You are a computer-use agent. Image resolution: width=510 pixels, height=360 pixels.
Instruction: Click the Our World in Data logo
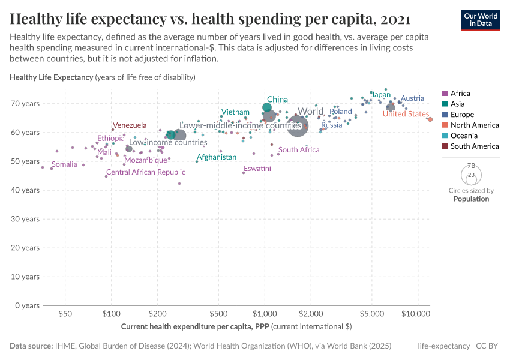481,20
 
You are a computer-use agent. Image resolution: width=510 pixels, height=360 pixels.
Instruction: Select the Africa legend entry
460,93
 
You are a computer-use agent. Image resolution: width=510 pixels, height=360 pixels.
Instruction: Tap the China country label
277,100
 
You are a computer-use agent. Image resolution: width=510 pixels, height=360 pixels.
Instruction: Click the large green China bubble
267,108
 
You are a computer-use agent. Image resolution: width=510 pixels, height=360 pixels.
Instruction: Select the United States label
406,114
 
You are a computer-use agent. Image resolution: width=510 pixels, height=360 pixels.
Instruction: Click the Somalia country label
64,164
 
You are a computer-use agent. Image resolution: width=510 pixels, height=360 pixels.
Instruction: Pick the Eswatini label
257,169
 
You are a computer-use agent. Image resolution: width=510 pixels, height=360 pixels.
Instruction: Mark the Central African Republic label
146,172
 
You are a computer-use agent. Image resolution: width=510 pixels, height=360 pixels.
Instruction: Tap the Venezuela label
130,125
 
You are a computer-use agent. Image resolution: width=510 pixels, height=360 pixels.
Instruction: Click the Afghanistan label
217,157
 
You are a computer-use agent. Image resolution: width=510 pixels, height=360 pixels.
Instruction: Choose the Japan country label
381,95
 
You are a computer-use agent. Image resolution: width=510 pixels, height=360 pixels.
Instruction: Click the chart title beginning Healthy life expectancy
210,19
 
